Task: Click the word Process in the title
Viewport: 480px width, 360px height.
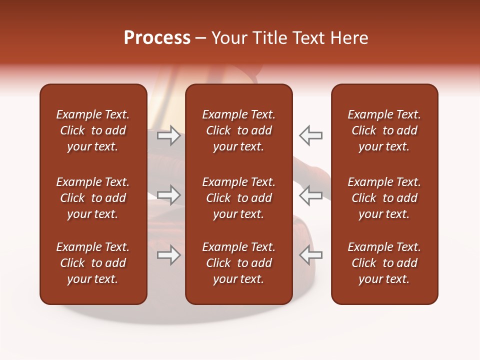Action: [157, 38]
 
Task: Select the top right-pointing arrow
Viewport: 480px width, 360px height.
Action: [168, 135]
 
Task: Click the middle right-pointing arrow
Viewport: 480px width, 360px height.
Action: [168, 195]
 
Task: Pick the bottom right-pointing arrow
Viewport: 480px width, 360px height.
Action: [168, 255]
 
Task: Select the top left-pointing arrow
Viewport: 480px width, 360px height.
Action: [311, 135]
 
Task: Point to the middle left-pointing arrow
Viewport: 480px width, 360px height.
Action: [311, 195]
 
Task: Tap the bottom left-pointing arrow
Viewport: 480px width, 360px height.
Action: [311, 255]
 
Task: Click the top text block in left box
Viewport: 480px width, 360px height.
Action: [93, 130]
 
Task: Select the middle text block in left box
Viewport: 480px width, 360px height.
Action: [93, 198]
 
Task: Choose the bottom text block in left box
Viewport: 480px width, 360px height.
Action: [93, 263]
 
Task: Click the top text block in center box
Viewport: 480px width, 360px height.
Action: [238, 130]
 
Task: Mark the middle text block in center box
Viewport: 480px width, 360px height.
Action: [238, 198]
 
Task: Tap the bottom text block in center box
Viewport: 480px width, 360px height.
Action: [238, 263]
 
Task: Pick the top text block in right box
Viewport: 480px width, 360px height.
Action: [384, 130]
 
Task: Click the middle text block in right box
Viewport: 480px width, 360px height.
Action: [384, 198]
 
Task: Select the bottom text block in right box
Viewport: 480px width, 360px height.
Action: [384, 263]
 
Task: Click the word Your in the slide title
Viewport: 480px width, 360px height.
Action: [229, 38]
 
